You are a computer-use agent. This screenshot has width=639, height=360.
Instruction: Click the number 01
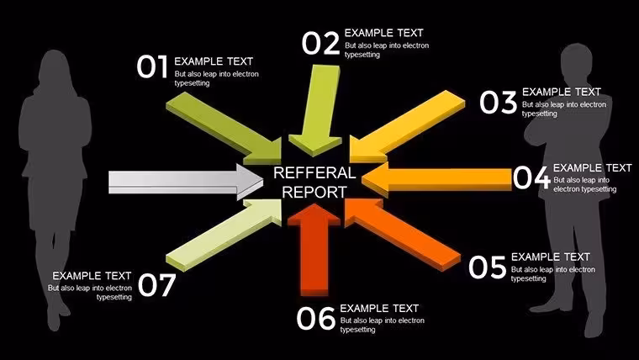click(x=152, y=66)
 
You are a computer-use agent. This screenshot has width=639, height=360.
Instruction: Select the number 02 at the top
click(x=320, y=43)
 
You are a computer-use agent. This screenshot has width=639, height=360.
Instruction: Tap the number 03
click(x=498, y=102)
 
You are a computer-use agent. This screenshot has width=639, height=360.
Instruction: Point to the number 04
click(x=531, y=177)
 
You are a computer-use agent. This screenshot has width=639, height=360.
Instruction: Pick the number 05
click(x=487, y=267)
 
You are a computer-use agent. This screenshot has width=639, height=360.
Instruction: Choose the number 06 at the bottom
click(x=315, y=319)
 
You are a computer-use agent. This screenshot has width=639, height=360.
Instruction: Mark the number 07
click(x=157, y=285)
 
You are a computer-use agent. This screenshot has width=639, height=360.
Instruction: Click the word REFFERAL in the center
click(x=314, y=173)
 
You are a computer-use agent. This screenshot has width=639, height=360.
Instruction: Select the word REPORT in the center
click(x=314, y=192)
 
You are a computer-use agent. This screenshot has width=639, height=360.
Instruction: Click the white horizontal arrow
click(x=186, y=182)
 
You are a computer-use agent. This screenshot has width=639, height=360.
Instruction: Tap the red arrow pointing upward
click(x=314, y=250)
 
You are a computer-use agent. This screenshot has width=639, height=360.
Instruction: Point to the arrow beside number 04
click(x=437, y=177)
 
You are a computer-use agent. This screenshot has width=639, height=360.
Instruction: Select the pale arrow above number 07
click(x=224, y=234)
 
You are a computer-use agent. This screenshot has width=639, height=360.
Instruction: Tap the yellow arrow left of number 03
click(x=407, y=126)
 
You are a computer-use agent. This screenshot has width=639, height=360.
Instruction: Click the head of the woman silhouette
click(x=54, y=66)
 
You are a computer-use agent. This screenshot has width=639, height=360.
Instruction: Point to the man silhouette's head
click(x=577, y=59)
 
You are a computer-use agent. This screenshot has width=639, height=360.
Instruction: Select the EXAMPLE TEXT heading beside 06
click(x=379, y=308)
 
